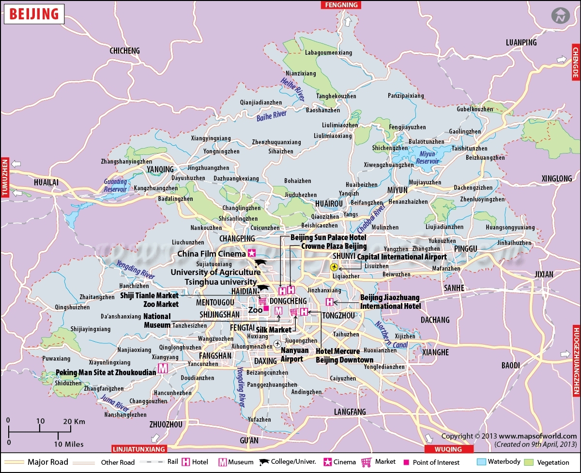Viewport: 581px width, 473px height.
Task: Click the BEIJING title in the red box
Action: pos(34,14)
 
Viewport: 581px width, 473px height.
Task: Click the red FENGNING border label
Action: pos(341,5)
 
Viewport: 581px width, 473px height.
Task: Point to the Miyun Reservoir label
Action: pos(427,157)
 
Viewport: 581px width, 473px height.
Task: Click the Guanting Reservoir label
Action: pos(115,185)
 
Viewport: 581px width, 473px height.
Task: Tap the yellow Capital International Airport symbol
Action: pos(334,267)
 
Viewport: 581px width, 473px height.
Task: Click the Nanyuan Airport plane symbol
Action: pos(277,344)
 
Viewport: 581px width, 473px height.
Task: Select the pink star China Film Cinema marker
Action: pos(251,253)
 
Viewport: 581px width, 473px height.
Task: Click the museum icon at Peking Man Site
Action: pos(163,368)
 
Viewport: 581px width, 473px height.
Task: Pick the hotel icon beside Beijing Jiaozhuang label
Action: pos(330,302)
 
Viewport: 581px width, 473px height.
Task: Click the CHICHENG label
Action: pos(124,50)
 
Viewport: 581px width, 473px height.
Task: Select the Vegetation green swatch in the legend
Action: pos(529,461)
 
